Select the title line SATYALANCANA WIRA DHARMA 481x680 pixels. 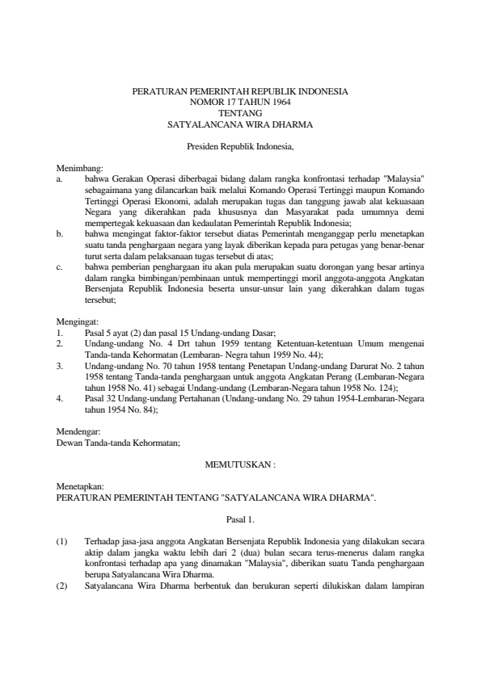coord(240,125)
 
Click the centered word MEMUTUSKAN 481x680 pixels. coord(237,465)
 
